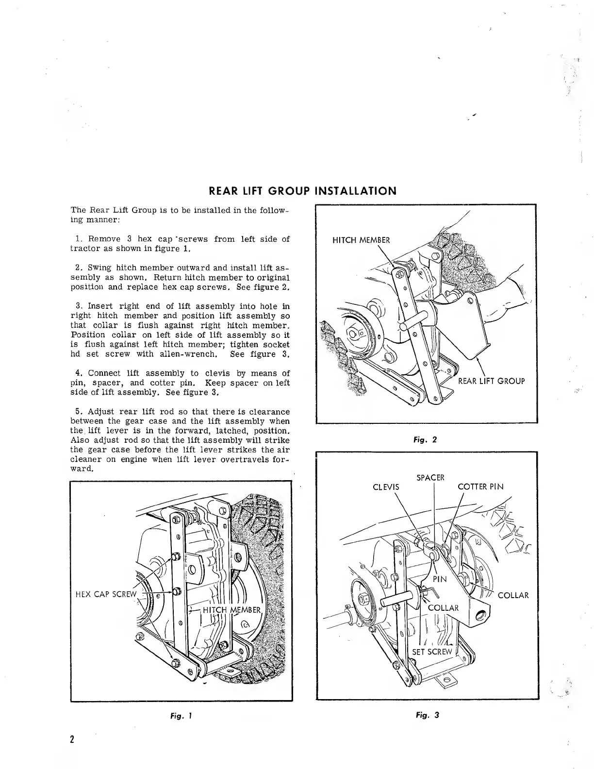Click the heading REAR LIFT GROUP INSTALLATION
[x=302, y=191]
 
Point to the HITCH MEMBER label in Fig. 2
[x=361, y=240]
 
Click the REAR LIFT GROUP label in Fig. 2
[x=491, y=381]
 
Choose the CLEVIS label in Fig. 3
[x=386, y=487]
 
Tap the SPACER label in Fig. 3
[x=430, y=477]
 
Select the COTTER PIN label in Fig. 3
[x=480, y=487]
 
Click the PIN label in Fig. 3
[x=440, y=579]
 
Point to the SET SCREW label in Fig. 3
[x=431, y=652]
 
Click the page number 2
[x=72, y=739]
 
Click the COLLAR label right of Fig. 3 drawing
[x=513, y=596]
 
